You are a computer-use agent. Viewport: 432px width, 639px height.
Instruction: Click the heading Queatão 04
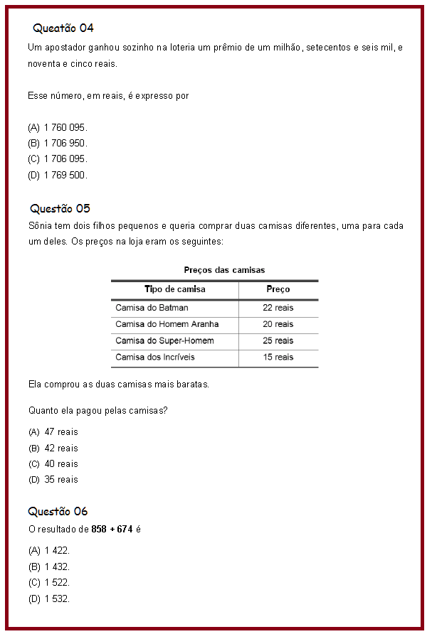coord(63,28)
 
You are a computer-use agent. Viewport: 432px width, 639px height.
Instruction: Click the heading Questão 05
coord(60,208)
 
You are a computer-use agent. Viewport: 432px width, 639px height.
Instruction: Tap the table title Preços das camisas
coord(224,270)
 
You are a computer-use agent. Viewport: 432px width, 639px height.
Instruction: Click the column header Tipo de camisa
coord(174,289)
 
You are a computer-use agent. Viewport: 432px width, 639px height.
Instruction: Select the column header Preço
coord(278,289)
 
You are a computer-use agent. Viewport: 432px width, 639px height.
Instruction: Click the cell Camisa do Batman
coord(152,308)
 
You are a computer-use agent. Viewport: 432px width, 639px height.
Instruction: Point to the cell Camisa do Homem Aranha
coord(167,324)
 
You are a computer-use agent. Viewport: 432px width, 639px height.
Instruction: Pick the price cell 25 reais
coord(278,340)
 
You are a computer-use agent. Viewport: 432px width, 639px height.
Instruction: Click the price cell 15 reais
coord(278,357)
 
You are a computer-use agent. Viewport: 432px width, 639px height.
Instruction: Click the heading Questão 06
coord(58,511)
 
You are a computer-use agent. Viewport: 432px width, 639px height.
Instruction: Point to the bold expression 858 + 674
coord(112,530)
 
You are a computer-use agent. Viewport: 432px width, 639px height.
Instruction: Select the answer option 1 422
coord(56,551)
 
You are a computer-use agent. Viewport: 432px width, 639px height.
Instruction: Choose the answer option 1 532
coord(56,598)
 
